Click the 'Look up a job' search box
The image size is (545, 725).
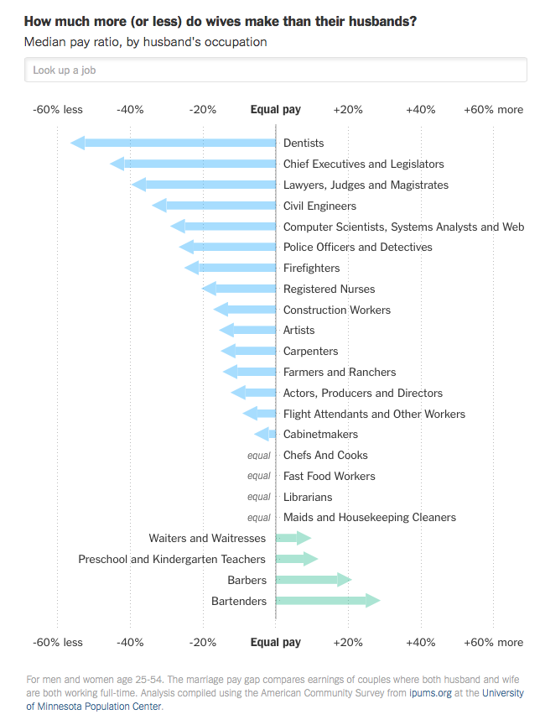point(275,70)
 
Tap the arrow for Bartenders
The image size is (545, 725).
point(327,601)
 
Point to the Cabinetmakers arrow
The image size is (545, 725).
point(266,434)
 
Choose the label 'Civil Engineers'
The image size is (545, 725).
point(319,206)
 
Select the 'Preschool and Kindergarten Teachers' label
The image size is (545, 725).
point(172,559)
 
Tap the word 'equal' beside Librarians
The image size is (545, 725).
point(259,497)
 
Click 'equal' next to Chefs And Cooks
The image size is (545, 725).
point(259,455)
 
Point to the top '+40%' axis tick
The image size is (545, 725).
point(420,109)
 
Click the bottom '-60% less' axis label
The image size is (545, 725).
point(58,642)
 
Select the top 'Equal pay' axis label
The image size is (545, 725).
point(276,109)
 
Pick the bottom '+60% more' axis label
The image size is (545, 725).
point(493,642)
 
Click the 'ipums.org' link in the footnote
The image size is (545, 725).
point(432,692)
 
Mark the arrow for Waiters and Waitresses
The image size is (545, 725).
point(293,538)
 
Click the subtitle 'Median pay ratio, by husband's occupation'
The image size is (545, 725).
point(146,42)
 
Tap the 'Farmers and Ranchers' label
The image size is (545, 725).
point(340,372)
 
